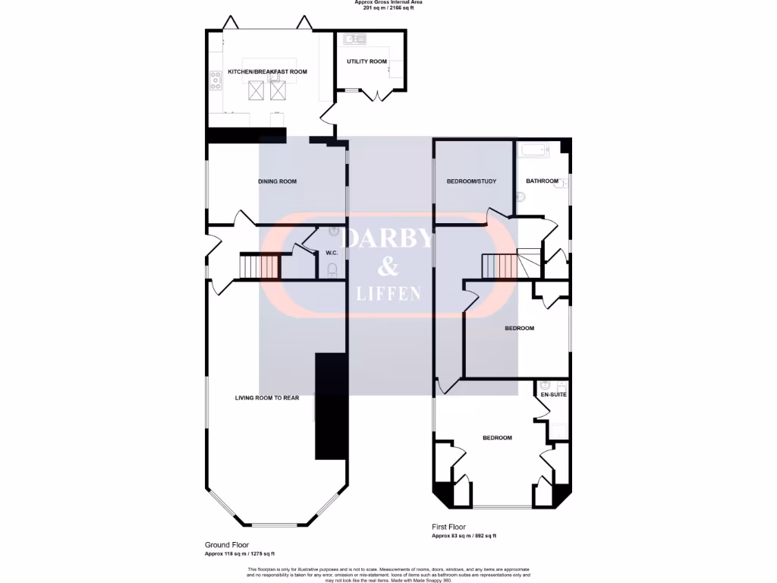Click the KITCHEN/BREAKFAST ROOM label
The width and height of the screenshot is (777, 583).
pos(256,71)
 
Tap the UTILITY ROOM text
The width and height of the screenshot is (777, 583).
pos(366,61)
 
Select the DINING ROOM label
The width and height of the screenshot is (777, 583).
pos(277,181)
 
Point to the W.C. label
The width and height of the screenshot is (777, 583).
pos(332,253)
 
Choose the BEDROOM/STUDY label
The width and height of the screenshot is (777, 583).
pos(470,181)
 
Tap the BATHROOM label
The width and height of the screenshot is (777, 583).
pos(542,181)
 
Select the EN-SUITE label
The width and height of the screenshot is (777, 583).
pos(553,395)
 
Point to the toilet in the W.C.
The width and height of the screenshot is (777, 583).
pos(332,269)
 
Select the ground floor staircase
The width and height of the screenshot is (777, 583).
pos(260,266)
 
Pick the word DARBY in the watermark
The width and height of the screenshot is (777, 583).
pos(388,238)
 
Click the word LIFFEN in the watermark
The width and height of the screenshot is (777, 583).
pos(388,294)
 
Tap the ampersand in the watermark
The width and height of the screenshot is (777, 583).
pos(388,266)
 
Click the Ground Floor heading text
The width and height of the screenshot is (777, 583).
pos(226,545)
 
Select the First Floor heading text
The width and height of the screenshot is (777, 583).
pos(448,527)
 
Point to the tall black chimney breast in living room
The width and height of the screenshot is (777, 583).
pos(331,406)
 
